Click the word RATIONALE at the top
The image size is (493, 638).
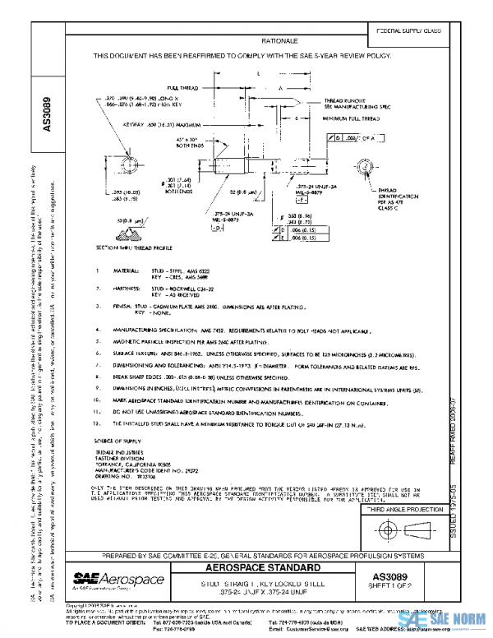click(279, 39)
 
